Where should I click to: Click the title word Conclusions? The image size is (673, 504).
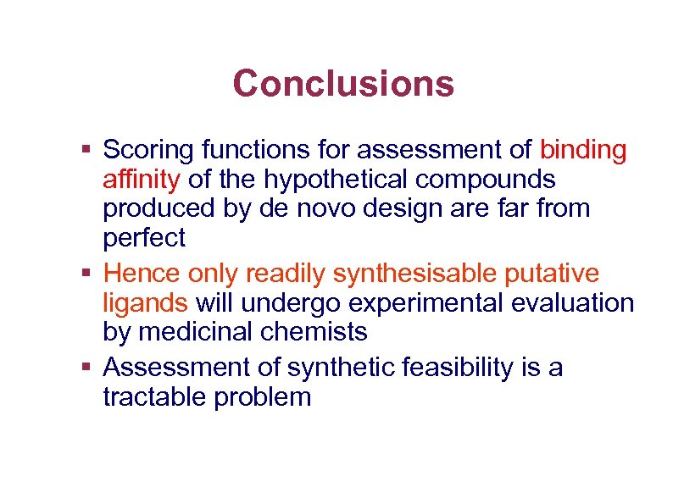(x=343, y=84)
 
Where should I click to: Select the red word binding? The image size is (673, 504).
(x=583, y=151)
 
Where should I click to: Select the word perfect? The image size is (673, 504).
(x=143, y=239)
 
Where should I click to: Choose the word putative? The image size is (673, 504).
(x=551, y=274)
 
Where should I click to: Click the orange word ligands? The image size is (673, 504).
(x=145, y=303)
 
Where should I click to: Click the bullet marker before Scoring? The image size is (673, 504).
(x=86, y=151)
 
